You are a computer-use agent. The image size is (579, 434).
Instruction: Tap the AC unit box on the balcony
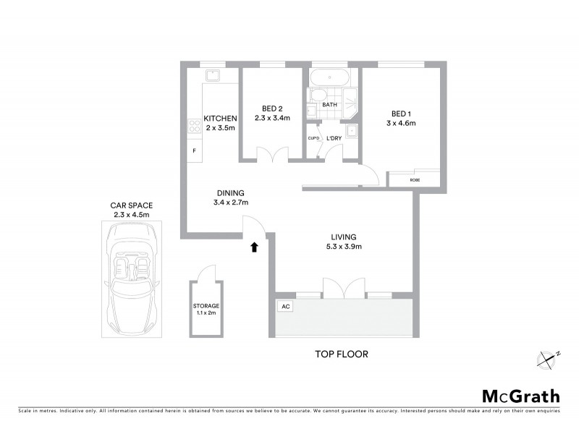coord(285,307)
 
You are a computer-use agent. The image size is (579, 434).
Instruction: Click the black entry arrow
coord(254,247)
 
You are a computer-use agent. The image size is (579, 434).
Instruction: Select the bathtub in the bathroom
coord(331,77)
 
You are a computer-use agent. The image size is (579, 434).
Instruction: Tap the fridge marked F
coord(194,150)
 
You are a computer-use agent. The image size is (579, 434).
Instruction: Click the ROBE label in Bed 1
coord(415,179)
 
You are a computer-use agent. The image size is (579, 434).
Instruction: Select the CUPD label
coord(313,138)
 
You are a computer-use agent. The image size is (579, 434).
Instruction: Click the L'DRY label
coord(334,138)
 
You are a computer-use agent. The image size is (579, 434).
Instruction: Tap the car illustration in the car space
coord(130,273)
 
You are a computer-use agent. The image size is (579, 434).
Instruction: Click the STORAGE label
coord(206,306)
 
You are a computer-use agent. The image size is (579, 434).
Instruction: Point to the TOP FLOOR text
coord(342,354)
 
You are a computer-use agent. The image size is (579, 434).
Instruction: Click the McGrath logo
coord(520,396)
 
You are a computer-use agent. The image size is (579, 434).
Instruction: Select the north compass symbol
coord(547,358)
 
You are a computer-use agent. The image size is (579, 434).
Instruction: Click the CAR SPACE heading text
coord(131,205)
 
